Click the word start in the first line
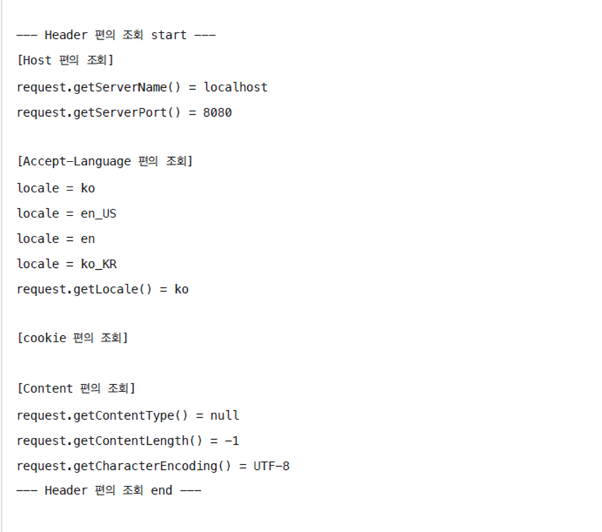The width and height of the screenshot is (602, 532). [x=168, y=35]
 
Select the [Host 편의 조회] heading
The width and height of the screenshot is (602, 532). [x=65, y=61]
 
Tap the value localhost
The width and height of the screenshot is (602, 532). [x=235, y=87]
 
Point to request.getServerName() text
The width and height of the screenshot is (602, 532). [x=99, y=87]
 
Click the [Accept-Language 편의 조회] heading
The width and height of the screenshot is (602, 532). [x=104, y=162]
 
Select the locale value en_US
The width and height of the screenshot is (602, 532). [x=99, y=213]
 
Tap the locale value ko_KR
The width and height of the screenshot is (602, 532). [x=99, y=264]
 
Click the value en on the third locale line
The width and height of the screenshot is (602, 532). [x=88, y=239]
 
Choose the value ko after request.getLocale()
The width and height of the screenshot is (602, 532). [x=181, y=290]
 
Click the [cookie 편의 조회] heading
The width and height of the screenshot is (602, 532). [x=72, y=338]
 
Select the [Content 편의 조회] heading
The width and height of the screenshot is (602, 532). [x=76, y=388]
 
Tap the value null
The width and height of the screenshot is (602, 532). [x=224, y=416]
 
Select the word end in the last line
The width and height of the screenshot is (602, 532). [x=161, y=490]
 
